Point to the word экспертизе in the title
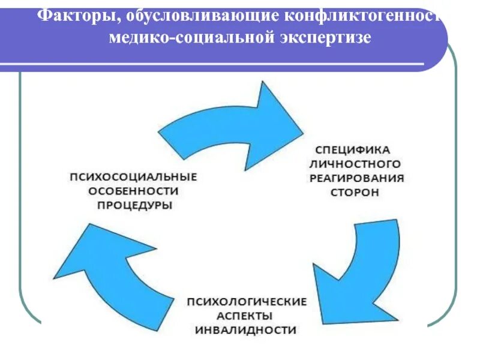coord(326,38)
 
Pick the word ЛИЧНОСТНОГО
coord(355,163)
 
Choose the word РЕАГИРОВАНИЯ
coord(357,178)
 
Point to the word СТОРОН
coord(355,193)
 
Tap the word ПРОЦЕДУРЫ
coord(134,206)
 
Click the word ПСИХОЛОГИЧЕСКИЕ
coord(246,301)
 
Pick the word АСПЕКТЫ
coord(246,315)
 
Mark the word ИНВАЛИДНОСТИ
coord(246,330)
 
